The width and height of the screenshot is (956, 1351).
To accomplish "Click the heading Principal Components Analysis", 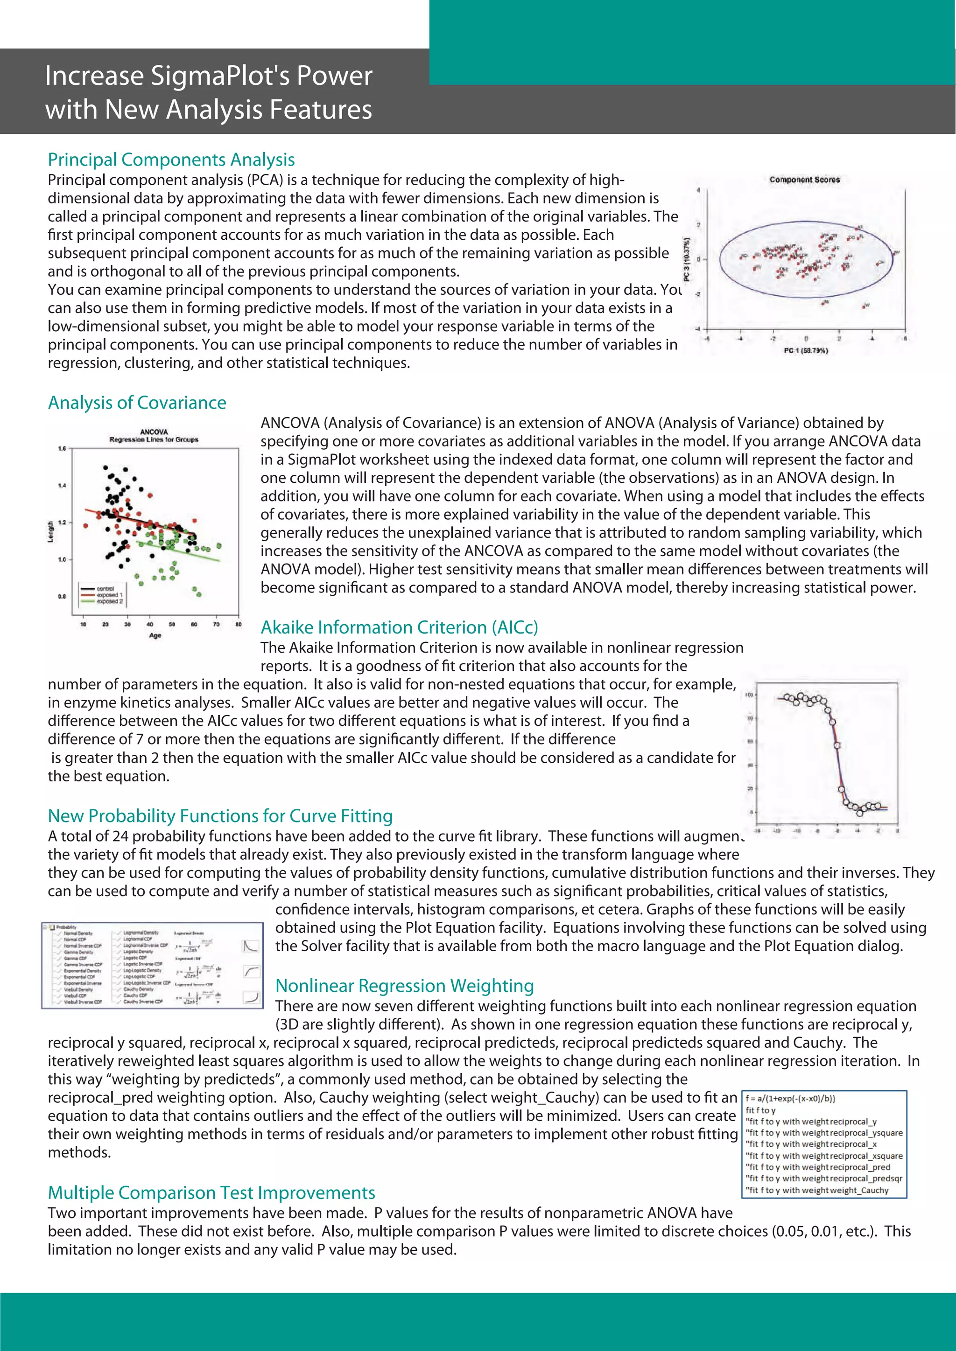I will [171, 160].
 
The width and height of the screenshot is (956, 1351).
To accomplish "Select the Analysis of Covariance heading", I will [137, 403].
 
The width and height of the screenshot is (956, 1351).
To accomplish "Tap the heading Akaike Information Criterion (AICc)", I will [399, 627].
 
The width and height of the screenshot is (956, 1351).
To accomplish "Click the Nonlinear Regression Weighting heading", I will [404, 986].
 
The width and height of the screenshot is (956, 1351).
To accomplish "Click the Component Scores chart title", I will [804, 180].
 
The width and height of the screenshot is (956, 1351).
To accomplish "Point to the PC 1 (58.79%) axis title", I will [805, 351].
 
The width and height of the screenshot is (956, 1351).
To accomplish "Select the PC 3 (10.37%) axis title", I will [686, 259].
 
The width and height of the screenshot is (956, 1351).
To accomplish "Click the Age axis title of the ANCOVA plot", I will [155, 635].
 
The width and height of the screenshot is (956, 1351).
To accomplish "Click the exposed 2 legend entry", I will [110, 601].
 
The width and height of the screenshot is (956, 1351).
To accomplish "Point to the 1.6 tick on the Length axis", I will [62, 449].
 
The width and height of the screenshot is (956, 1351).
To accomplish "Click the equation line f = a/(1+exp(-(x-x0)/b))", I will [790, 1099].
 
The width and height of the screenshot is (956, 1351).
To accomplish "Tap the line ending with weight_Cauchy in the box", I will [817, 1191].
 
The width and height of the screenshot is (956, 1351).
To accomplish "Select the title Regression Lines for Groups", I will [154, 439].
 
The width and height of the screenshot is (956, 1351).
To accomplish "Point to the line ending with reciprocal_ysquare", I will [823, 1133].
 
